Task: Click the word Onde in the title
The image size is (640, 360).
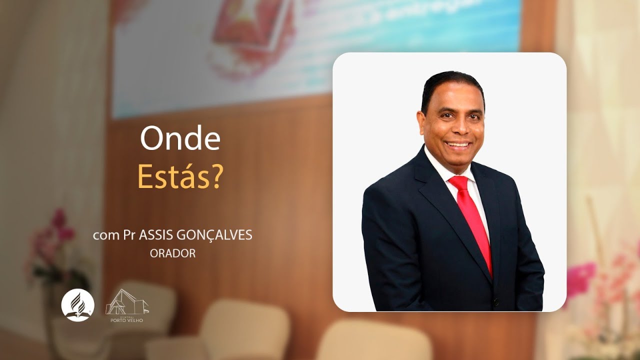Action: pos(180,139)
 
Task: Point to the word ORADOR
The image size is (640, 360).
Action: pos(172,253)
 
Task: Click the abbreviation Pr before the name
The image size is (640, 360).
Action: pos(129,235)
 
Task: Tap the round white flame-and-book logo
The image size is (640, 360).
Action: pos(77,304)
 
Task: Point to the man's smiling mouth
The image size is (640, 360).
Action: pos(458,145)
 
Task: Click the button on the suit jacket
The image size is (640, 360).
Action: pos(494,301)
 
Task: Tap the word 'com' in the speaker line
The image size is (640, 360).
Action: pos(104,235)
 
